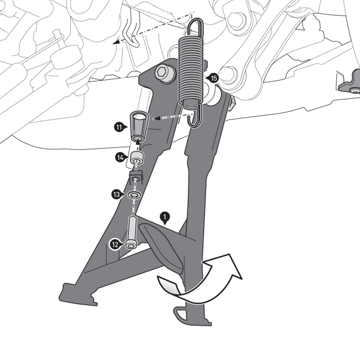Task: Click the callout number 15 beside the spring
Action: coord(214,78)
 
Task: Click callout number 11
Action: coord(118,127)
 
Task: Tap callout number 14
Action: coord(120,157)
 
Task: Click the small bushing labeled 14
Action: coord(137,158)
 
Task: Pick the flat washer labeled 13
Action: coord(134,195)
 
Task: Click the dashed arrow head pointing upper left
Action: coord(118,41)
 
